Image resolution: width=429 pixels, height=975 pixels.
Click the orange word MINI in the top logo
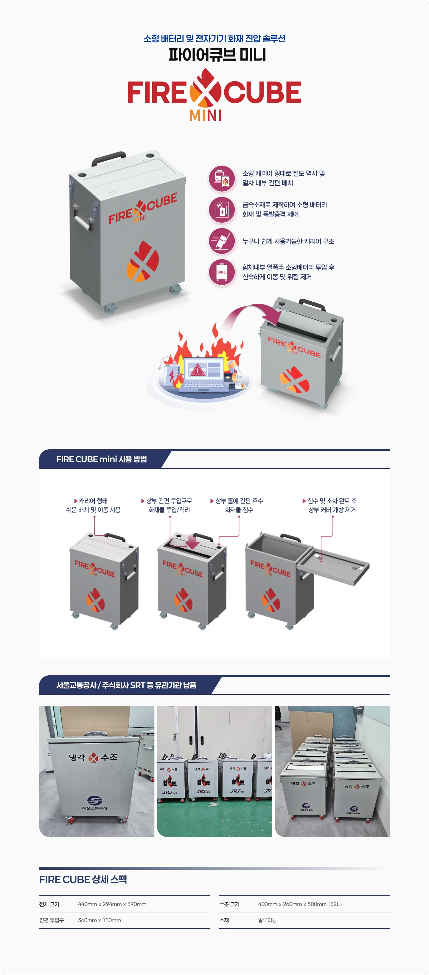tap(206, 115)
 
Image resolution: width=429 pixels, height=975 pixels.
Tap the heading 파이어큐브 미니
tap(217, 55)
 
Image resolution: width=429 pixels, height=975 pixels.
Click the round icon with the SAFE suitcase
tap(222, 272)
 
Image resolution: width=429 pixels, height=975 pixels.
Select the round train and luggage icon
tap(222, 178)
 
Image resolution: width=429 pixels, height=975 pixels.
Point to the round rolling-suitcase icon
tap(222, 241)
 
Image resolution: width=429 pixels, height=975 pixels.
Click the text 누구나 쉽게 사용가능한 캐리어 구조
tap(288, 242)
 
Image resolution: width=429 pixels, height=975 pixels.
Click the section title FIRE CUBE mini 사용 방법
tap(101, 459)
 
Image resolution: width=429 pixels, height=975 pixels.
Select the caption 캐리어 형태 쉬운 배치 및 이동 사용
tap(94, 505)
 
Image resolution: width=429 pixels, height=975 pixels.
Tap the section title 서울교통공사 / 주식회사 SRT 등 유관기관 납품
tap(126, 685)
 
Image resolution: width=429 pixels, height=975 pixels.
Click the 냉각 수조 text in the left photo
tap(93, 757)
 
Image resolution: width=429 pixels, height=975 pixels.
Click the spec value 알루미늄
tap(267, 920)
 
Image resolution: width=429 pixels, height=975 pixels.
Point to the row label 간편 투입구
tap(52, 920)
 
